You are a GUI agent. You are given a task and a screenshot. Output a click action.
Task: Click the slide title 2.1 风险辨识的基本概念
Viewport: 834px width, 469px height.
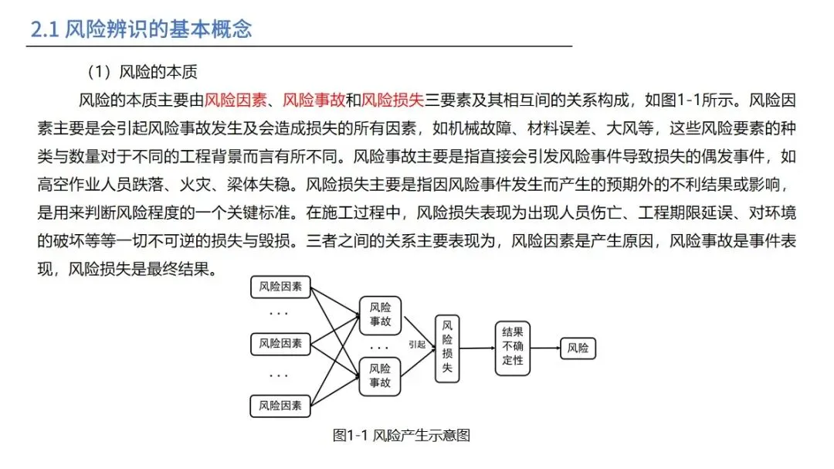click(x=141, y=29)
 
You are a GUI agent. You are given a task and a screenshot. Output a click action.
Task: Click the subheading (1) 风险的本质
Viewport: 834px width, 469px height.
click(x=142, y=73)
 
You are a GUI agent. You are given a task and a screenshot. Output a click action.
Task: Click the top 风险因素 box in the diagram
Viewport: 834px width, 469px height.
click(x=280, y=288)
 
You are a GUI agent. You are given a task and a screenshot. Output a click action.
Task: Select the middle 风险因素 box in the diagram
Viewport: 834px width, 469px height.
click(x=280, y=343)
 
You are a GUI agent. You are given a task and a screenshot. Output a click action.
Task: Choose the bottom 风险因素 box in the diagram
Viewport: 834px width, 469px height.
click(x=280, y=405)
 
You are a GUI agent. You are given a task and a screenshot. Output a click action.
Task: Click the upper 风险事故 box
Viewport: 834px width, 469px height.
click(x=380, y=314)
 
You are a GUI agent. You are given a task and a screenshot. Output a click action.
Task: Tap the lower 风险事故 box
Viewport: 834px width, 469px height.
click(x=380, y=376)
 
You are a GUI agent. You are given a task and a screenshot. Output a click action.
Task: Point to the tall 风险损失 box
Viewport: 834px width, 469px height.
click(x=446, y=348)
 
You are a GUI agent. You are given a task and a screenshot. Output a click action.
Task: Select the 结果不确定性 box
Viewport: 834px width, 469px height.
click(x=513, y=348)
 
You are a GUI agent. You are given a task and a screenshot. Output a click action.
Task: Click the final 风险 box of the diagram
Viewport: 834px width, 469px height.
click(x=578, y=348)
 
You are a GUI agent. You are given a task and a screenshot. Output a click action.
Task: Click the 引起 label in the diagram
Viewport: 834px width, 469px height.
click(x=417, y=345)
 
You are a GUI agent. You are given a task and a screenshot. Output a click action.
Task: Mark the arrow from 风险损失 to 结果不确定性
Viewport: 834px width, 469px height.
click(x=477, y=348)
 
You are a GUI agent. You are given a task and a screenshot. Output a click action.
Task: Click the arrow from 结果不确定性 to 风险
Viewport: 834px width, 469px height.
click(x=545, y=348)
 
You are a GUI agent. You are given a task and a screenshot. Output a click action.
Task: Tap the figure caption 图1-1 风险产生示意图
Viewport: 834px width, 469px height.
click(x=402, y=435)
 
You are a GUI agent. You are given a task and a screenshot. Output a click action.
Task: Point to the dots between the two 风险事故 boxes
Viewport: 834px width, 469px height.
click(x=379, y=347)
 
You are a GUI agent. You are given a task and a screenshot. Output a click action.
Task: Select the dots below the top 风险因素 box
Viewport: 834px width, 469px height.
click(x=279, y=314)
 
